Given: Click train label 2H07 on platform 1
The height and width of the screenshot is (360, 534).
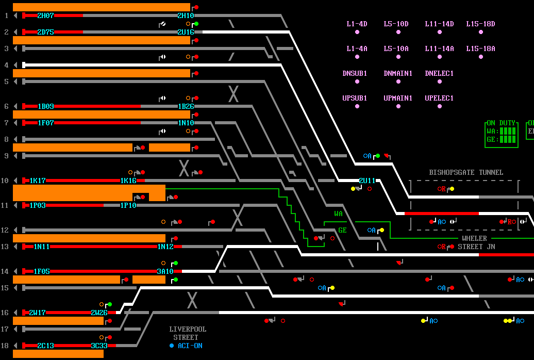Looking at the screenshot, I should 45,15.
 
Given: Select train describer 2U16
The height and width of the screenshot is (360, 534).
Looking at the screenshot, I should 186,32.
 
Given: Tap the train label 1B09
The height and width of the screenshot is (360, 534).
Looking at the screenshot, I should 46,106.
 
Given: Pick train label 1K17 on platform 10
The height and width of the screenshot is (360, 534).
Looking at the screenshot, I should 38,181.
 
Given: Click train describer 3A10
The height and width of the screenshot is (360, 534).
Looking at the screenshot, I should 165,271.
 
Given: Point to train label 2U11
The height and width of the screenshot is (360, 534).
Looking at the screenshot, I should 367,181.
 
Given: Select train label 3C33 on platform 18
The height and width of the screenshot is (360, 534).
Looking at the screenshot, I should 99,346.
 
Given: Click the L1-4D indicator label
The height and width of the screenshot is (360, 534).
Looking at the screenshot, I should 357,24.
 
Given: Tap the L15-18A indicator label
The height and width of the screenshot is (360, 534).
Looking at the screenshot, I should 480,48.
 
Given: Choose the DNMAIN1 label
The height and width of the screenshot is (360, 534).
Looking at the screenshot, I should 398,73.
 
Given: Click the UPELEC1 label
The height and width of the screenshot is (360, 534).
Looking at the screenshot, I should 439,98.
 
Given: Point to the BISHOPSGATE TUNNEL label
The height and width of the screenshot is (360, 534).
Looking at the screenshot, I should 466,172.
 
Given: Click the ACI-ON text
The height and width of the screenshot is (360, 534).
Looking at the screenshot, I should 190,346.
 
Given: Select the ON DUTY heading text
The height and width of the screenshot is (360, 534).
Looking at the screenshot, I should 501,123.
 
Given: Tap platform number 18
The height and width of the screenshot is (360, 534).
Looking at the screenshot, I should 6,346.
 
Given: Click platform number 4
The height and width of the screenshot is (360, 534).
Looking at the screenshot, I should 6,65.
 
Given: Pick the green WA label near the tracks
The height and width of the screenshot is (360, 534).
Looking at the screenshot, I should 338,214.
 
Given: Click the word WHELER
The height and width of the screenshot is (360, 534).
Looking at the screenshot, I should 474,238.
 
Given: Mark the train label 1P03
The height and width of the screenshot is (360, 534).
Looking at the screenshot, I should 38,205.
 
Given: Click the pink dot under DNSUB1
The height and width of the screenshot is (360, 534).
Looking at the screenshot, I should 357,81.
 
